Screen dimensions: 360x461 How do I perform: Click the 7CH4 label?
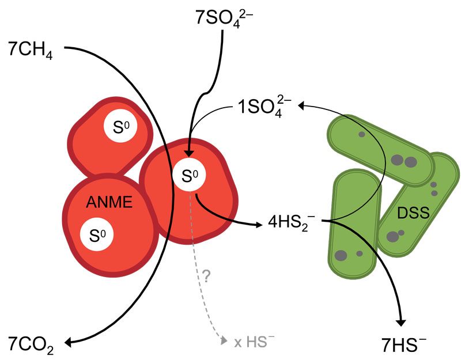(x=31, y=48)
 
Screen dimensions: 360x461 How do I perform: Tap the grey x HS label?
(x=254, y=342)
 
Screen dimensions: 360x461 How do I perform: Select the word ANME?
(x=109, y=202)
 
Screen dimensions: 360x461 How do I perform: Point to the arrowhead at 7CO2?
(x=69, y=343)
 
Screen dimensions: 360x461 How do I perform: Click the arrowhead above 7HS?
(x=402, y=320)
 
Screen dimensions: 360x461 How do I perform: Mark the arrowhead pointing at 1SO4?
(x=301, y=105)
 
